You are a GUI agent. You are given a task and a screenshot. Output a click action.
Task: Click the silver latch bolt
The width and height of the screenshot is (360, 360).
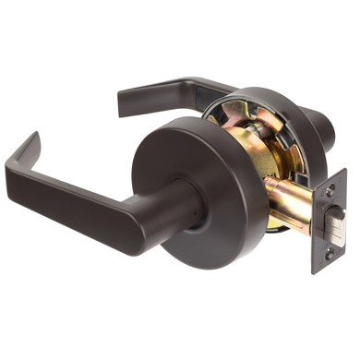pos(336,224)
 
